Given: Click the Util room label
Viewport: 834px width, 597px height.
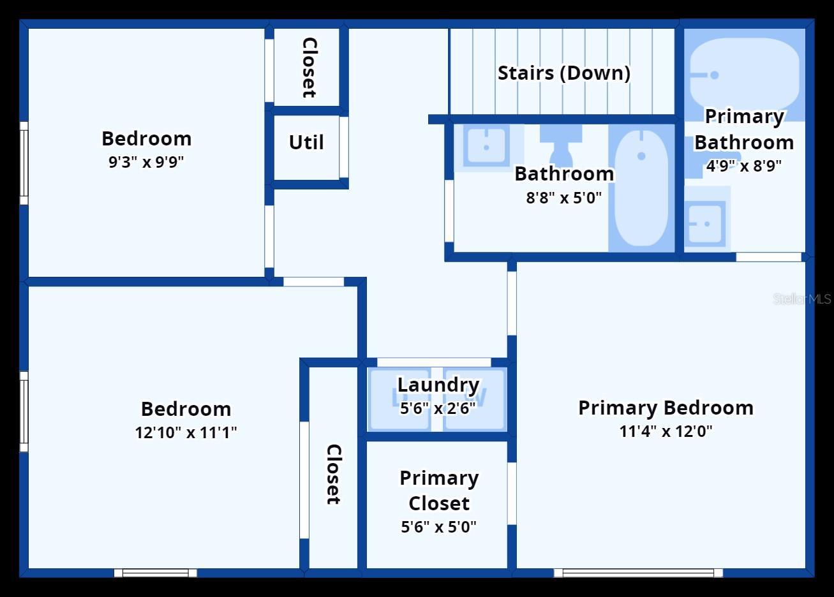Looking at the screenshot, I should pyautogui.click(x=306, y=142).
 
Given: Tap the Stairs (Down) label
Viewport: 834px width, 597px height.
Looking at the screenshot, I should pyautogui.click(x=563, y=73).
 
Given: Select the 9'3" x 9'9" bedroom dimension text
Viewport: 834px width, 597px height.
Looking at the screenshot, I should pyautogui.click(x=146, y=162).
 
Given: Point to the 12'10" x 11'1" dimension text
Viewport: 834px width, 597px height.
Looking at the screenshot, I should pyautogui.click(x=186, y=432).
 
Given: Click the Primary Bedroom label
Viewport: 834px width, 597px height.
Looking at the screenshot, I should pyautogui.click(x=666, y=408).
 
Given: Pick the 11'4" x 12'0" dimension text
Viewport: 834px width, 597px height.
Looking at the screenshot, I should pyautogui.click(x=666, y=431).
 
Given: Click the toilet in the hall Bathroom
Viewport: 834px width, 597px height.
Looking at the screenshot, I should pyautogui.click(x=561, y=144).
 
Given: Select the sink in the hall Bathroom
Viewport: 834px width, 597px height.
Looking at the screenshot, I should pyautogui.click(x=486, y=146).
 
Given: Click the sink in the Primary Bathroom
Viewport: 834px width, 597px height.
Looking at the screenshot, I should pyautogui.click(x=705, y=224).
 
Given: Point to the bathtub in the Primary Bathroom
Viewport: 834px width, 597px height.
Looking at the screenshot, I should pyautogui.click(x=744, y=73).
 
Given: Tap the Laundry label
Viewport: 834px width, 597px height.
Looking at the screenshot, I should pyautogui.click(x=438, y=385).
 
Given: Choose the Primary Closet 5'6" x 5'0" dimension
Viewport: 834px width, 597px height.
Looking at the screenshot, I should pyautogui.click(x=438, y=527).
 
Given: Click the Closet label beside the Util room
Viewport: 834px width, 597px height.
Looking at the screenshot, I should pyautogui.click(x=309, y=68).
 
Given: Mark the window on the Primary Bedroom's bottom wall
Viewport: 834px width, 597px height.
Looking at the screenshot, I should pyautogui.click(x=638, y=573).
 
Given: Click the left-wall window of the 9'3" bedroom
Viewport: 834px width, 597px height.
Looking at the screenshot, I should pyautogui.click(x=24, y=163).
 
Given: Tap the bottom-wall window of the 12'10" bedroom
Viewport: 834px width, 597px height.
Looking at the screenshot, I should pyautogui.click(x=156, y=573).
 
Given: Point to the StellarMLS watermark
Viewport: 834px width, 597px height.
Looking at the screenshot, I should pyautogui.click(x=801, y=298).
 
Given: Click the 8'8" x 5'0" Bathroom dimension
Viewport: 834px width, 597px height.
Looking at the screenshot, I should pyautogui.click(x=563, y=198).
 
